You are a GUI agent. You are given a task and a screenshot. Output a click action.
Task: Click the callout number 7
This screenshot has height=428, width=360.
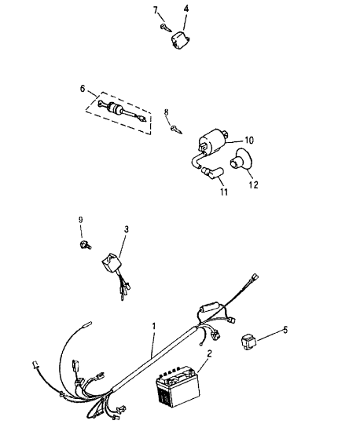coord(156,10)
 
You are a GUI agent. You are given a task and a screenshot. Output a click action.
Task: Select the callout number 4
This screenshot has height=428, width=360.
coord(186,9)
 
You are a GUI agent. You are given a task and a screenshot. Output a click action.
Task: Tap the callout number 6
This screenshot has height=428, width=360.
coord(83,89)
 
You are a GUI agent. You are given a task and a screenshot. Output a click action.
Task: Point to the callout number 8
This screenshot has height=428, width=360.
coord(166,112)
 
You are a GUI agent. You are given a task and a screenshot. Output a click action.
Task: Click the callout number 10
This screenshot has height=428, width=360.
coord(249,141)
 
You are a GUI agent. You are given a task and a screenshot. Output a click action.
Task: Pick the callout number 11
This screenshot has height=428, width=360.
coord(224,192)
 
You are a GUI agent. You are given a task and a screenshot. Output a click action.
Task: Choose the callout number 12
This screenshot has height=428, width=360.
coord(253,185)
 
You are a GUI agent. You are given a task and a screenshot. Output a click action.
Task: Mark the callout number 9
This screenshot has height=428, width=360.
coord(81,220)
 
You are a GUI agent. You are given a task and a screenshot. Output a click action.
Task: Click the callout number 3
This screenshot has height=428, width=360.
coord(127,229)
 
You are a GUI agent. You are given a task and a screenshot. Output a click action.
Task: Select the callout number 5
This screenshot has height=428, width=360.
coord(285,330)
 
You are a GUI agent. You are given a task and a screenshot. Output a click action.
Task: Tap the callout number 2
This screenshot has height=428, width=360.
coord(210,353)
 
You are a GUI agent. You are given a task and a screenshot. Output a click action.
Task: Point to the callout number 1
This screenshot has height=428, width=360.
coord(154,326)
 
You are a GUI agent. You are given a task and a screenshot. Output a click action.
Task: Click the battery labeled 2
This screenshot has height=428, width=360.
coord(178,386)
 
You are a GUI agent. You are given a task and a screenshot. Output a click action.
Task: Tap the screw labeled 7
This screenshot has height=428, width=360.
coord(166,27)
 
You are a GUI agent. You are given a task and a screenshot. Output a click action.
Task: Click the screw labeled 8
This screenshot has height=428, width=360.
coord(176,130)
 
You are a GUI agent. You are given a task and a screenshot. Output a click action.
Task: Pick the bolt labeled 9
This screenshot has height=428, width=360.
coord(85,245)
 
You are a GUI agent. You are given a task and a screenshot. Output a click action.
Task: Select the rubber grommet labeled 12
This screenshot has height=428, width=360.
coord(241,159)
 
